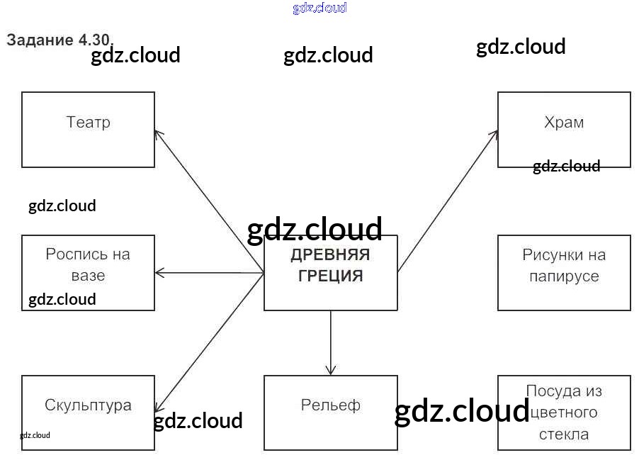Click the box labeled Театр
click(88, 130)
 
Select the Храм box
click(564, 130)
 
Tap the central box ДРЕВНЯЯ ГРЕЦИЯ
click(330, 273)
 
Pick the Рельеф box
click(330, 413)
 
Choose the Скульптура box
click(88, 413)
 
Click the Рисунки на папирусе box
click(564, 273)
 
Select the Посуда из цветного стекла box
click(564, 413)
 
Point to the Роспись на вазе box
click(88, 273)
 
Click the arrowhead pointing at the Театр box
click(158, 133)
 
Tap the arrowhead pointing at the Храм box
click(494, 133)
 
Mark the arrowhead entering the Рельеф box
click(330, 371)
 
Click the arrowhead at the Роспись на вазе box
click(159, 273)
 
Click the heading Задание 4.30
click(60, 40)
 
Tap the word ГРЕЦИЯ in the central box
click(330, 276)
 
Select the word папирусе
click(564, 276)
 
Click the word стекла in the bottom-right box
click(564, 434)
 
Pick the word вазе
click(88, 276)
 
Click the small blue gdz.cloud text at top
click(319, 8)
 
